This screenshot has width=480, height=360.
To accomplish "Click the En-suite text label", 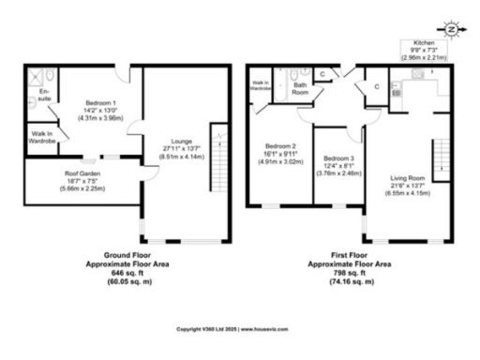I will pyautogui.click(x=41, y=93).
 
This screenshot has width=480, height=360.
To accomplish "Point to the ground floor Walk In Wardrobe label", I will pyautogui.click(x=41, y=137).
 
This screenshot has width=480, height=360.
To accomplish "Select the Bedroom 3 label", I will pyautogui.click(x=336, y=157).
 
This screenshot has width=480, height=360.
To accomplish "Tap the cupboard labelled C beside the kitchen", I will pyautogui.click(x=375, y=87).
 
